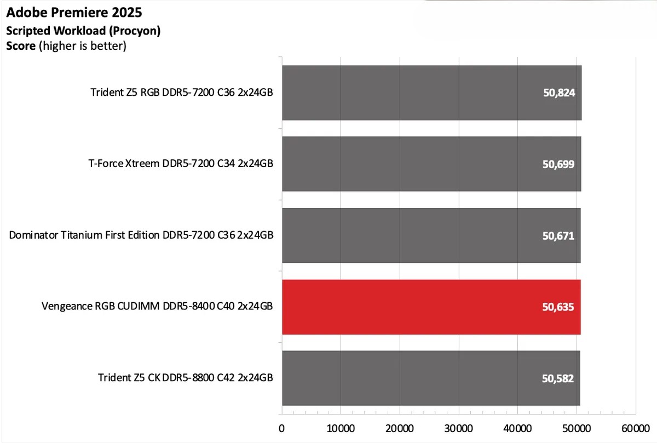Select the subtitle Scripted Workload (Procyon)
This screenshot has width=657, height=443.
click(x=83, y=31)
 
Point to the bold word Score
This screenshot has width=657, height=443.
click(x=21, y=46)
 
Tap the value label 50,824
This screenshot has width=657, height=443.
click(x=558, y=93)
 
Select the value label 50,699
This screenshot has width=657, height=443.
click(x=558, y=164)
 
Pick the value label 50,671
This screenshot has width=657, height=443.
click(x=558, y=235)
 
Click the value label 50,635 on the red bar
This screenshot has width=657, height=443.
click(x=558, y=307)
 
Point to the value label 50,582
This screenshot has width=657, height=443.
click(x=558, y=378)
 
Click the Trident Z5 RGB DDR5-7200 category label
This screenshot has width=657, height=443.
click(x=182, y=92)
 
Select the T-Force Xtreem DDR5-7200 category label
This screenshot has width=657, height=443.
click(x=181, y=163)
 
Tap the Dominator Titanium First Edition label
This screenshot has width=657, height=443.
click(x=141, y=235)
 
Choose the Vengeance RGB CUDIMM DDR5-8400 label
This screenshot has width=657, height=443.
click(x=157, y=307)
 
